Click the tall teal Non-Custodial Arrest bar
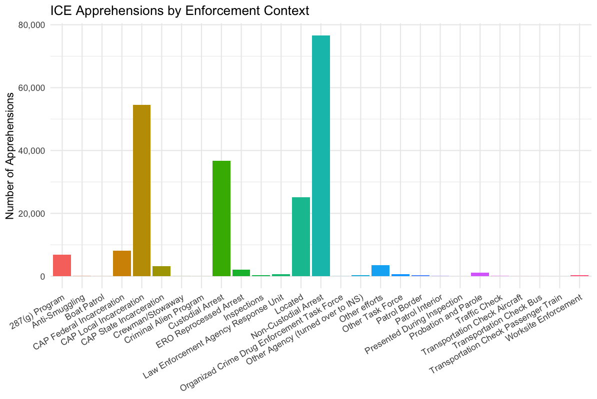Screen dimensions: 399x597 click(x=320, y=156)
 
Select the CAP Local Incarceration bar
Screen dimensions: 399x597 click(x=141, y=190)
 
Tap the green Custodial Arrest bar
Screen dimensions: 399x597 click(x=221, y=218)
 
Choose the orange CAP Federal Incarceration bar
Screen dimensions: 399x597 click(x=121, y=264)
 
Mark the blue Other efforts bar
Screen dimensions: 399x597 click(x=380, y=271)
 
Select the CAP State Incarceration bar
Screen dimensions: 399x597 click(x=161, y=271)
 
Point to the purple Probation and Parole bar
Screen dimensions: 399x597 click(x=479, y=274)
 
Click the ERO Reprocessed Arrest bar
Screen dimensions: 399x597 click(x=241, y=273)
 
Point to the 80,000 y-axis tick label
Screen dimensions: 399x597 click(x=31, y=25)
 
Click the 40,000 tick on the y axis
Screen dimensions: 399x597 click(x=31, y=151)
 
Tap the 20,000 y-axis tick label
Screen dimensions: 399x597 click(x=31, y=214)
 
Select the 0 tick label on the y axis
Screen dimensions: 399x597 click(x=43, y=277)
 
